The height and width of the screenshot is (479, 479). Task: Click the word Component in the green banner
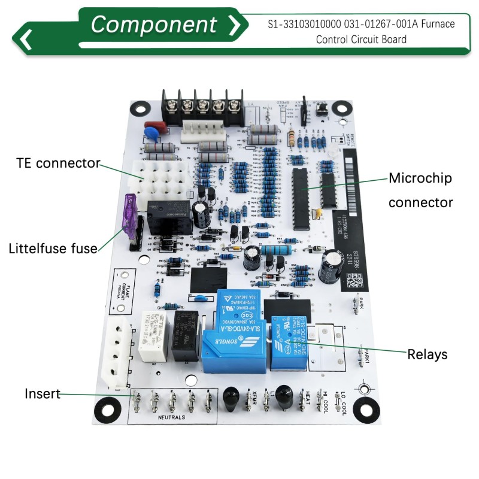(x=153, y=25)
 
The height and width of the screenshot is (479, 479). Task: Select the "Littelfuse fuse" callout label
(x=53, y=248)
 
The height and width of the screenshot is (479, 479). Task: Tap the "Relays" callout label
(x=427, y=354)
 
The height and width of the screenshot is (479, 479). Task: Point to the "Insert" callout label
(x=42, y=393)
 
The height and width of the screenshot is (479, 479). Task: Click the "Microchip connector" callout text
(x=420, y=190)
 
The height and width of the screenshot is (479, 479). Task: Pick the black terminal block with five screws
(x=201, y=107)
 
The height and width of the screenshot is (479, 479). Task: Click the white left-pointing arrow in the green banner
(x=26, y=39)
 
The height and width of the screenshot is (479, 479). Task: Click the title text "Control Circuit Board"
(x=361, y=40)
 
